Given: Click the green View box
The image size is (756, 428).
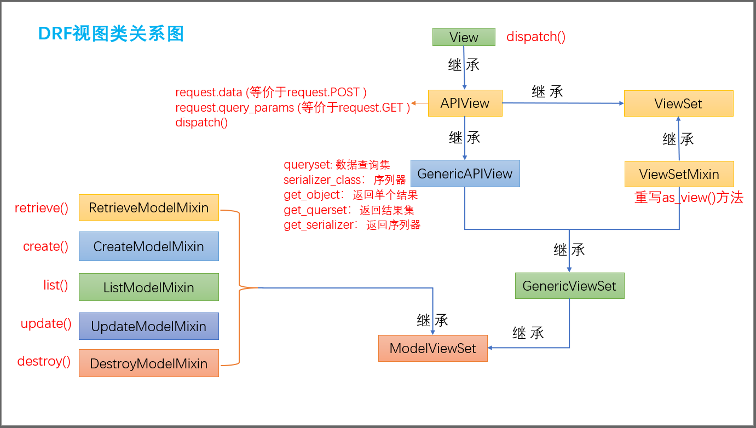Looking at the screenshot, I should (464, 37).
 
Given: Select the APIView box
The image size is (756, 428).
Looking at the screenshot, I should (464, 103).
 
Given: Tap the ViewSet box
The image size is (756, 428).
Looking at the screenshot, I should (678, 103).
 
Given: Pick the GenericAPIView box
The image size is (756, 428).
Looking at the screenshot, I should (465, 174).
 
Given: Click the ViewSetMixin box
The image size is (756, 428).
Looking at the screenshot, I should (679, 174).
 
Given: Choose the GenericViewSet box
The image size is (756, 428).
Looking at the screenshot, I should (569, 286).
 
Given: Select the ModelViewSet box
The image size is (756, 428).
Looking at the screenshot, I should (432, 348).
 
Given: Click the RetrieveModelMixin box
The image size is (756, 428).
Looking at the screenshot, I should (148, 208).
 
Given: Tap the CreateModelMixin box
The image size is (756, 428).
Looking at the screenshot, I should (148, 246).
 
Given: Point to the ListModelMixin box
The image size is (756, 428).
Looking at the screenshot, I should (148, 287).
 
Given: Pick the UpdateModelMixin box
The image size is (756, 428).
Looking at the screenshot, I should (148, 326).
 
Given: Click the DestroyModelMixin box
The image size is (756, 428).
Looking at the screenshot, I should (148, 363).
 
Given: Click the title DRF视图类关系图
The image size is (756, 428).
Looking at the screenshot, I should (111, 34).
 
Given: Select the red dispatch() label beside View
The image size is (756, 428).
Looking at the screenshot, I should (536, 37).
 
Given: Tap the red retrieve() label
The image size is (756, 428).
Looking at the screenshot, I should (42, 208).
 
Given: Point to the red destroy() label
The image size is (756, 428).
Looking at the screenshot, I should (44, 362).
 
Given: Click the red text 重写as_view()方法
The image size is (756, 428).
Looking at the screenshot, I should (689, 198).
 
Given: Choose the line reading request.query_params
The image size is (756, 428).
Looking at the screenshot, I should (292, 108).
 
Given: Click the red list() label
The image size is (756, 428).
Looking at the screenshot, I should (56, 285).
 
